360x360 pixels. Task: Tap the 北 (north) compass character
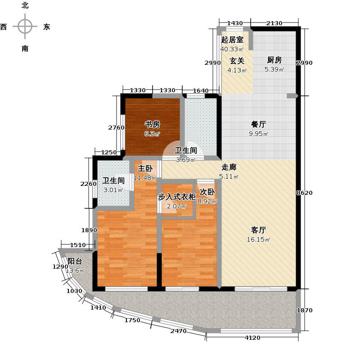pyautogui.click(x=25, y=5)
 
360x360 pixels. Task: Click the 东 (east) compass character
pyautogui.click(x=47, y=27)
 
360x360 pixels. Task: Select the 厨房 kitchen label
pyautogui.click(x=274, y=60)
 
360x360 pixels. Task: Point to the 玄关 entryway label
pyautogui.click(x=237, y=61)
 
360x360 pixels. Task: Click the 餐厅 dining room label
pyautogui.click(x=258, y=124)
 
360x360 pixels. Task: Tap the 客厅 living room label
pyautogui.click(x=258, y=230)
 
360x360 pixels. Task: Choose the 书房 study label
pyautogui.click(x=152, y=124)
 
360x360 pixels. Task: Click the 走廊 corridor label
pyautogui.click(x=229, y=167)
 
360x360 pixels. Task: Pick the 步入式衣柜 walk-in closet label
pyautogui.click(x=177, y=197)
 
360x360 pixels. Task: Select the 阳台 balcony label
pyautogui.click(x=75, y=261)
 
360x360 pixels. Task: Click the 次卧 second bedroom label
pyautogui.click(x=207, y=192)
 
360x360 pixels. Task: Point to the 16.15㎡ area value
pyautogui.click(x=258, y=240)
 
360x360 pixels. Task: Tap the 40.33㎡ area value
pyautogui.click(x=232, y=49)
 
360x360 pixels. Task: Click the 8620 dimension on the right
pyautogui.click(x=304, y=193)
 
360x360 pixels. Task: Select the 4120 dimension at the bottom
pyautogui.click(x=252, y=338)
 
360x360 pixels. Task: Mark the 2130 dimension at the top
pyautogui.click(x=274, y=23)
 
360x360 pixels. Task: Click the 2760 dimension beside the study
pyautogui.click(x=117, y=128)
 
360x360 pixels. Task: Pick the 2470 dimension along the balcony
pyautogui.click(x=178, y=331)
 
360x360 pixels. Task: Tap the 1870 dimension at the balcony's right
pyautogui.click(x=305, y=310)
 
